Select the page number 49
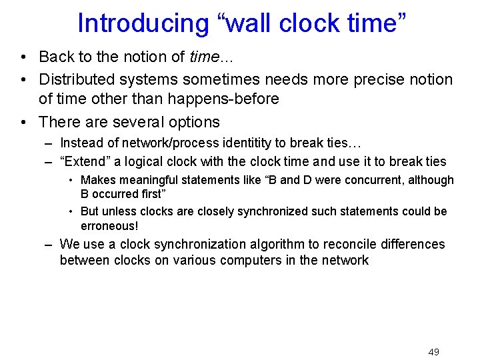coord(433,352)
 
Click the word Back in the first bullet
coord(56,57)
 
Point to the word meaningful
coord(149,180)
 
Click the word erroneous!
coord(109,226)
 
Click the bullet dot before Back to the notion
coord(23,57)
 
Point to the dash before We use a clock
coord(49,244)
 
